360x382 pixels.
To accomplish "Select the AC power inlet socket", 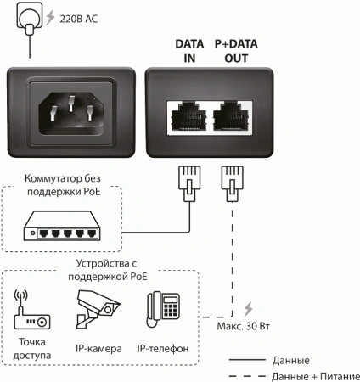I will (71, 111).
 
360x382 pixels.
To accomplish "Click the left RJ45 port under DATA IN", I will (185, 115).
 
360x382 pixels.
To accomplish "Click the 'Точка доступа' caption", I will (31, 348).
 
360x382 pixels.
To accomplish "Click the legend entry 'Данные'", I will (291, 360).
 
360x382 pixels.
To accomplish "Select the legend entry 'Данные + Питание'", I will (315, 375).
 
